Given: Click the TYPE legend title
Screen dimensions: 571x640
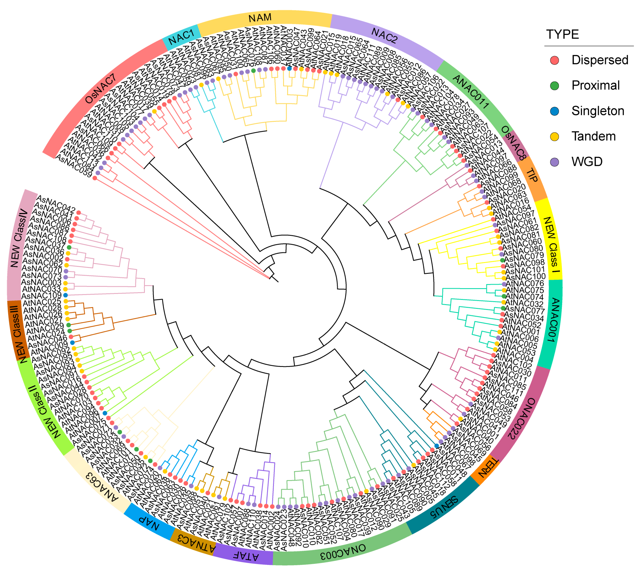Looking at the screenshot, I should (563, 34).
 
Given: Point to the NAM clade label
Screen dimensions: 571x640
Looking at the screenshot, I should (260, 18).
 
